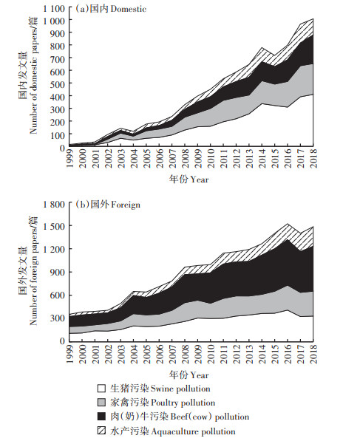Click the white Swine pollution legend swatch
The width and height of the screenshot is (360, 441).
[101, 389]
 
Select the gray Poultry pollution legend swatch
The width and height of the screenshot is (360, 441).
[101, 402]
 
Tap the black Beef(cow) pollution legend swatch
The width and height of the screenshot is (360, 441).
[101, 416]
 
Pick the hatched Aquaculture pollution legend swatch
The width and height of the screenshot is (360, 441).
[101, 431]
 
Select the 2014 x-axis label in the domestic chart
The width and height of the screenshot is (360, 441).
[262, 158]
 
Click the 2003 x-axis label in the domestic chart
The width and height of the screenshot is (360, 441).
[120, 158]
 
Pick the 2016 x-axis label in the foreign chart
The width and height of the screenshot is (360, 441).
[288, 354]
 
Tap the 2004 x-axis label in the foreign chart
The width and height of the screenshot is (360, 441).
[134, 354]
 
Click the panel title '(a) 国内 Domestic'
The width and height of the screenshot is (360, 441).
[111, 9]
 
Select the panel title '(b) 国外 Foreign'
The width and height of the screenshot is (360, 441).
[108, 205]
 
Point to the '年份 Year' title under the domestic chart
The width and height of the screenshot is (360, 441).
[189, 180]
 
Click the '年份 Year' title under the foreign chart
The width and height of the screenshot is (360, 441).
[189, 375]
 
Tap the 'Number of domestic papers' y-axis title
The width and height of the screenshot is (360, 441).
[33, 75]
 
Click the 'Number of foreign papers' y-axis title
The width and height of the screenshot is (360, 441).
[33, 270]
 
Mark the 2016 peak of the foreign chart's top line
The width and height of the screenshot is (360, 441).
[288, 224]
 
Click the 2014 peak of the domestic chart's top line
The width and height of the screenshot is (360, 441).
[262, 47]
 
